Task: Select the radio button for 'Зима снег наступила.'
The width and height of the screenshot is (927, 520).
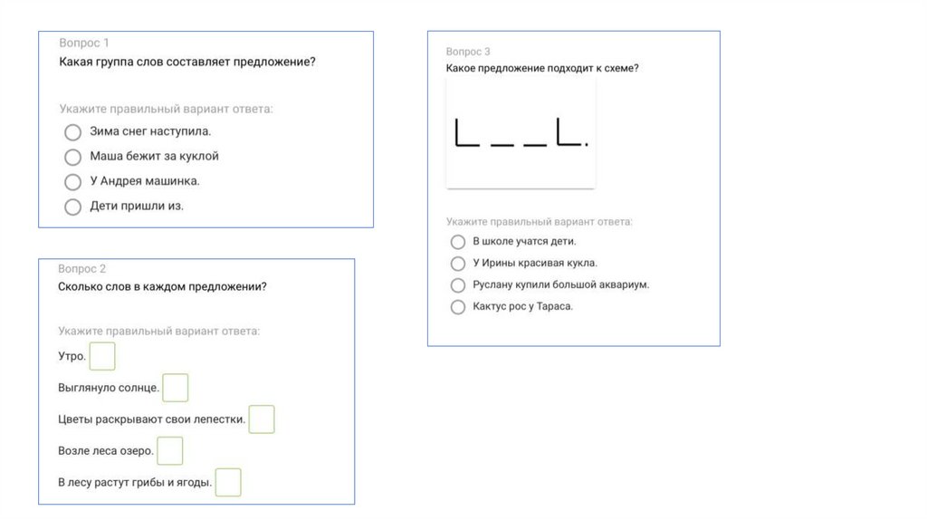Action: pos(72,132)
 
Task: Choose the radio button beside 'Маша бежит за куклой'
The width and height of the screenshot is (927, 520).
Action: pos(72,157)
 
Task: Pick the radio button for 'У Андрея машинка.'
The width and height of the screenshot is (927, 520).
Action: pos(72,181)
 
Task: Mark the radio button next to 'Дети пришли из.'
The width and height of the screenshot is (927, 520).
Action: pos(72,207)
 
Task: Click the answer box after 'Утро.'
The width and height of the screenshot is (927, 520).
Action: pos(102,356)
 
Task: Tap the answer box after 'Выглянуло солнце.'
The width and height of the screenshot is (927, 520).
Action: pos(176,388)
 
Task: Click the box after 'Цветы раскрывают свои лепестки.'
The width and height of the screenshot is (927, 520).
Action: pos(262,419)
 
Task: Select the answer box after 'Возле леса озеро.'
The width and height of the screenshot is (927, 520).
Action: pos(169,451)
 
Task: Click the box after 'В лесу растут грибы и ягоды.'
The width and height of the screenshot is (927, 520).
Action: pos(228,482)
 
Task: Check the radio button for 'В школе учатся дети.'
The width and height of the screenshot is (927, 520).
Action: pos(457,242)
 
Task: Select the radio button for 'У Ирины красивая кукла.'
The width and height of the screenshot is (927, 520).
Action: pos(457,264)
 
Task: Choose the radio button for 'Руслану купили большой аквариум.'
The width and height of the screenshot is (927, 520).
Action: pos(457,285)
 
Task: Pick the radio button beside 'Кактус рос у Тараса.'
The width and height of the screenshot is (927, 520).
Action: pos(457,307)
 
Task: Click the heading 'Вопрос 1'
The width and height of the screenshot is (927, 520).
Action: pos(84,43)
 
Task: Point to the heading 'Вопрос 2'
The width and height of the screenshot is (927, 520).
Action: pos(81,268)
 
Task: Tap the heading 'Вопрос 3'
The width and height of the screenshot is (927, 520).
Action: pos(468,52)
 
